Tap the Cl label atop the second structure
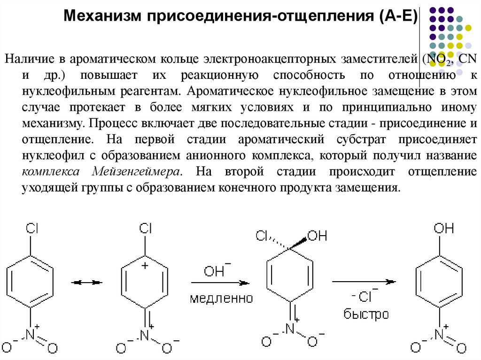(x=146, y=229)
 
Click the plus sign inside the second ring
(x=145, y=266)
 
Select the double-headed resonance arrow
(x=87, y=283)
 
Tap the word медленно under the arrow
(x=221, y=298)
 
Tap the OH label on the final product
(x=443, y=229)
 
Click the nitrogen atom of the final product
(x=440, y=335)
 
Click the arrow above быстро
(x=364, y=282)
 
